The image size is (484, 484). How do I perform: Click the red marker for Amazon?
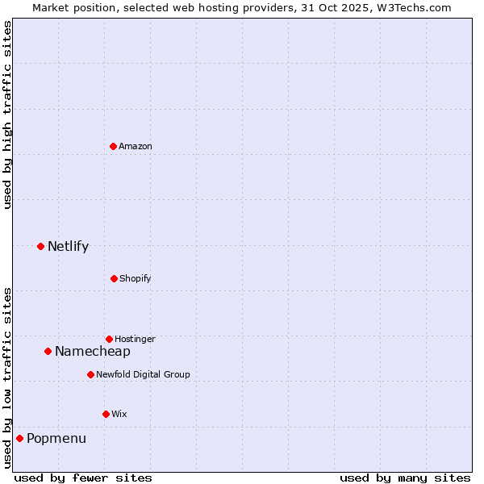(x=113, y=146)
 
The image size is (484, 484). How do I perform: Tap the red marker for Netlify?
(x=40, y=246)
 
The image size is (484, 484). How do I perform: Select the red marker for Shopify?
(x=114, y=278)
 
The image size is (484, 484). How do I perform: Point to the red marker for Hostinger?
(x=109, y=339)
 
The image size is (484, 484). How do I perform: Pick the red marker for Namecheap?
(x=48, y=351)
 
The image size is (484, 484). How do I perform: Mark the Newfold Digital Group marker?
(x=90, y=374)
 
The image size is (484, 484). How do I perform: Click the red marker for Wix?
(x=106, y=414)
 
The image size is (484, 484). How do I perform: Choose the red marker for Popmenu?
(x=19, y=438)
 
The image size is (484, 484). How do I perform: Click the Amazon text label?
(x=136, y=146)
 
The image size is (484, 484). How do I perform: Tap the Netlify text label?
(x=68, y=247)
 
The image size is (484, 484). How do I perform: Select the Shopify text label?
(x=136, y=278)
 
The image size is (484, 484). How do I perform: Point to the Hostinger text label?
(x=135, y=339)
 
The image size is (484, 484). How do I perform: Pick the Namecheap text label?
(x=93, y=352)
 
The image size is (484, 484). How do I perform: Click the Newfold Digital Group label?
(x=143, y=374)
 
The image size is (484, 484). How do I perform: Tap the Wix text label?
(x=119, y=414)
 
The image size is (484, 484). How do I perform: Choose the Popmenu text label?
(x=56, y=439)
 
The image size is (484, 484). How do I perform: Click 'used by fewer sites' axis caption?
(x=83, y=478)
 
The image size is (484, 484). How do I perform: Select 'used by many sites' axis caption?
(x=405, y=478)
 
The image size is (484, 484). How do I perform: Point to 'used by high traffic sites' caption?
(x=7, y=115)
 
